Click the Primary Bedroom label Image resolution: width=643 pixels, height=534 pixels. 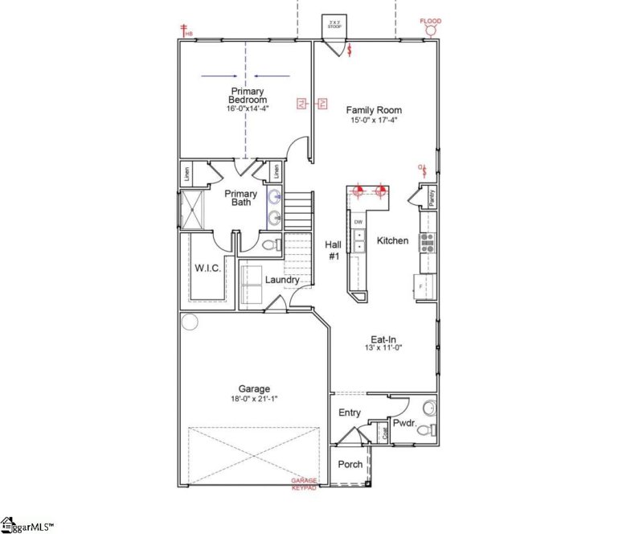coord(247,96)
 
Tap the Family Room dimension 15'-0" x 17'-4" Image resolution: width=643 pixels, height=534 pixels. coord(374,121)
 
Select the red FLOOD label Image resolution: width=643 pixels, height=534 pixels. coord(431,20)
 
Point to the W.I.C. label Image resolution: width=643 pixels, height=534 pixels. coord(207,267)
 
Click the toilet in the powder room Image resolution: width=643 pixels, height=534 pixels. coord(429,408)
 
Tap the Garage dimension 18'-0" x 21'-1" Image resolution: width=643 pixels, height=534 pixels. coord(253,399)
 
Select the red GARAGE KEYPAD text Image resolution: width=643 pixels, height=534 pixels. coord(305,484)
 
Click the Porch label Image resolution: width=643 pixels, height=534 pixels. coord(350,464)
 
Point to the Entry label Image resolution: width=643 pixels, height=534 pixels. coord(350,413)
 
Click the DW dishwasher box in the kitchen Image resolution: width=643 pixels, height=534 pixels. coord(358,222)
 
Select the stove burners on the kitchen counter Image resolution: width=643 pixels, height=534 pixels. coord(428,242)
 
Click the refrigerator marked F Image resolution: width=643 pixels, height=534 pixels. coord(424,285)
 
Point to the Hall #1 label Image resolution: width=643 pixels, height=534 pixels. coord(333,250)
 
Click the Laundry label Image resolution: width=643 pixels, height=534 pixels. coord(282,280)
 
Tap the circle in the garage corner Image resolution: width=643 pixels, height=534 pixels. coord(190,322)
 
